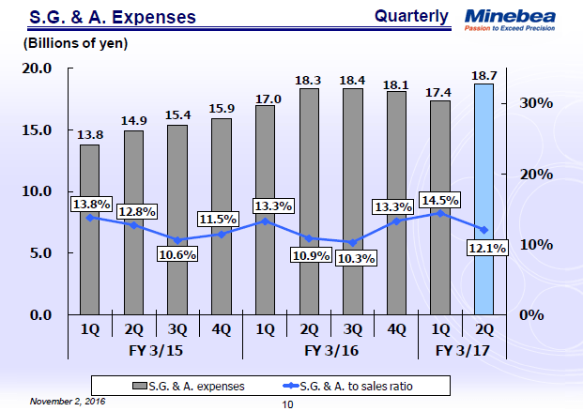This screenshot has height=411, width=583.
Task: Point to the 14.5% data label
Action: click(441, 200)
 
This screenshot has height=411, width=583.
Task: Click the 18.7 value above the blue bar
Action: click(483, 74)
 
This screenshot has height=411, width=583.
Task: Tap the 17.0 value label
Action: click(267, 97)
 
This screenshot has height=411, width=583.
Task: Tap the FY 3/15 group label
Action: click(155, 350)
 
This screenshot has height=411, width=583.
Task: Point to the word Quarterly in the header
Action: click(410, 16)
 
